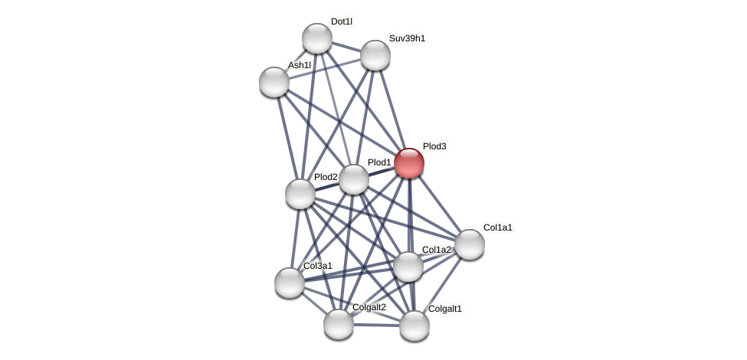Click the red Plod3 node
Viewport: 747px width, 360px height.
click(409, 163)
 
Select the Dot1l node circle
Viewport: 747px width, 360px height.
click(316, 38)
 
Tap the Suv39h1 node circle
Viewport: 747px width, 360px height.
click(375, 55)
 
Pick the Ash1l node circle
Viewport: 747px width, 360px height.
click(274, 82)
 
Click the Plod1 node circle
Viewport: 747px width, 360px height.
click(353, 179)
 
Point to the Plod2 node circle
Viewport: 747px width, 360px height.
click(300, 194)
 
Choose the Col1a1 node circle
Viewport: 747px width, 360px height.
click(469, 244)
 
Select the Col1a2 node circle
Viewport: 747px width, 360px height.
click(408, 267)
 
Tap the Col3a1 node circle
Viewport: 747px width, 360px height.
click(289, 283)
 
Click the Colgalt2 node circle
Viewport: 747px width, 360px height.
click(338, 324)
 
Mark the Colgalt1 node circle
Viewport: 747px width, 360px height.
click(414, 326)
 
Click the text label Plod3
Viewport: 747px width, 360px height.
click(434, 146)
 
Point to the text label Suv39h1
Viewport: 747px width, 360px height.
click(407, 38)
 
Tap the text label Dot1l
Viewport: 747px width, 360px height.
click(342, 21)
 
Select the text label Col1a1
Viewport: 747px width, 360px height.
click(498, 227)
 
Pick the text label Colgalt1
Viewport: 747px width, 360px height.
click(445, 309)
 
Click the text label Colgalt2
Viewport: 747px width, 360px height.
click(369, 307)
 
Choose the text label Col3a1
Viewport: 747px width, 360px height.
click(318, 266)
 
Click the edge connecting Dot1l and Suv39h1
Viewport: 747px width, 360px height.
click(346, 47)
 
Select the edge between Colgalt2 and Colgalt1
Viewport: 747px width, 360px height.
click(376, 325)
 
